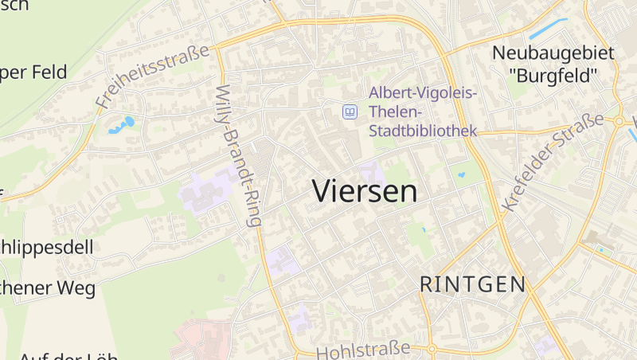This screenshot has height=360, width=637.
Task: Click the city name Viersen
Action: [x=364, y=191]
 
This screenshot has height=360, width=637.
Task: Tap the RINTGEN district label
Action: [x=472, y=284]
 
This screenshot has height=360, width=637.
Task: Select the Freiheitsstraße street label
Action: [x=154, y=76]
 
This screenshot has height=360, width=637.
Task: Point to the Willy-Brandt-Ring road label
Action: [x=238, y=155]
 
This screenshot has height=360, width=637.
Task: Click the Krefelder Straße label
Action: [x=553, y=162]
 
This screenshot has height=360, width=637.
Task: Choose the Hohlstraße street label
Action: [x=363, y=350]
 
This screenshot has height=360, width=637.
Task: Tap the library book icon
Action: [x=349, y=112]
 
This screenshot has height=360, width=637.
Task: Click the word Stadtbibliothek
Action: [x=422, y=130]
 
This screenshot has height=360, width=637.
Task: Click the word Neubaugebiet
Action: [x=553, y=53]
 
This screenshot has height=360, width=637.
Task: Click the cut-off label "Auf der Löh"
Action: [x=68, y=355]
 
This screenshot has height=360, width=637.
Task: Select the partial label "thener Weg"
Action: [x=48, y=287]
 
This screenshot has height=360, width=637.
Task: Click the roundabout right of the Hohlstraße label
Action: [x=431, y=349]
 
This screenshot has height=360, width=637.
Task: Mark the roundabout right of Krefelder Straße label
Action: [x=618, y=121]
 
